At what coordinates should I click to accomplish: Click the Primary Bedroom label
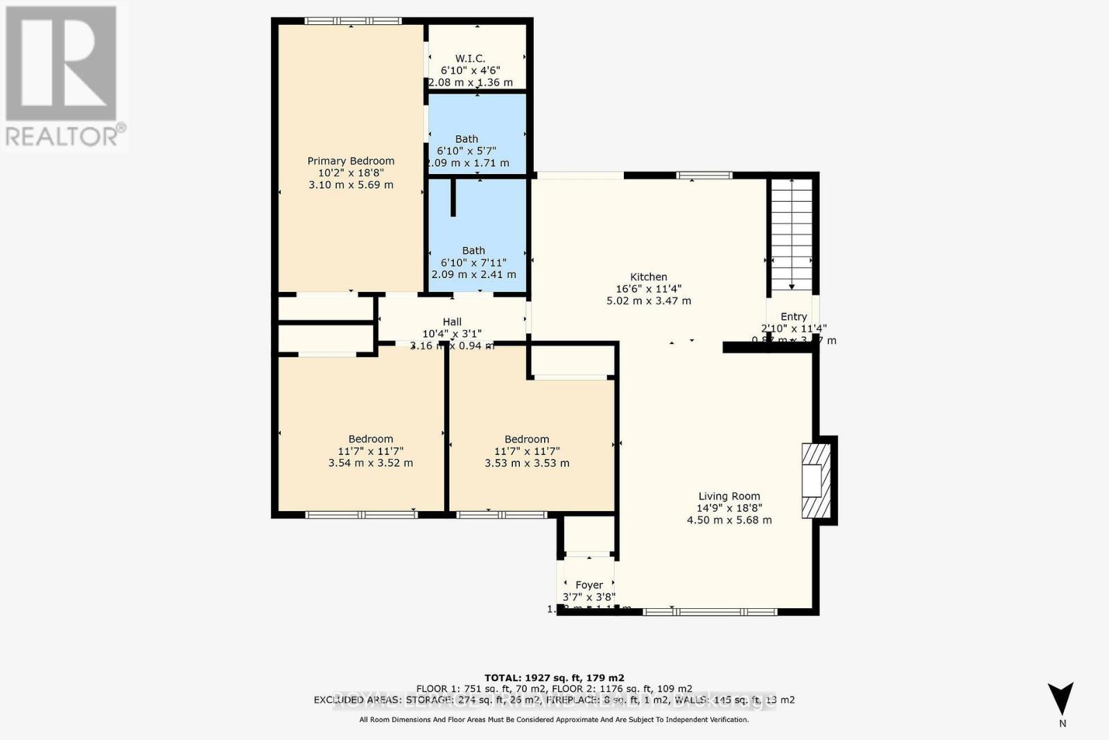pos(351,161)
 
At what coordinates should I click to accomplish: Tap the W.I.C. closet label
pos(470,59)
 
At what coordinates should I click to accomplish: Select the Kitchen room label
pos(649,277)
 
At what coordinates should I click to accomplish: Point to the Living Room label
pos(729,496)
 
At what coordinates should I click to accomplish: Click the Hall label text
pos(452,322)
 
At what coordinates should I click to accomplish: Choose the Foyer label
pos(589,585)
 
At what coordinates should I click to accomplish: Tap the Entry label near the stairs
pos(794,316)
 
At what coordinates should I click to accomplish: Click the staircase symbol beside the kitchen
pos(792,234)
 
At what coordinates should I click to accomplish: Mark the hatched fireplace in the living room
pos(817,480)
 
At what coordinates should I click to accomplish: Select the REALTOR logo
pos(62,76)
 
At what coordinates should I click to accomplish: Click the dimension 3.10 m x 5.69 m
pos(351,184)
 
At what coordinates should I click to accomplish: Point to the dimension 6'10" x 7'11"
pos(473,263)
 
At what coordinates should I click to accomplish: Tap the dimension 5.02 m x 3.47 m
pos(649,301)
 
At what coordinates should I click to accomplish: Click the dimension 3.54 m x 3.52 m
pos(371,463)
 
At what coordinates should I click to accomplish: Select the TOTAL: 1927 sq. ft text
pos(554,678)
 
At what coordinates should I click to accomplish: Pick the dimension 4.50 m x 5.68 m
pos(729,519)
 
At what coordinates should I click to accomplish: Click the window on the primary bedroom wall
pos(353,21)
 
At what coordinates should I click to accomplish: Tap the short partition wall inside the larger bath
pos(454,197)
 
